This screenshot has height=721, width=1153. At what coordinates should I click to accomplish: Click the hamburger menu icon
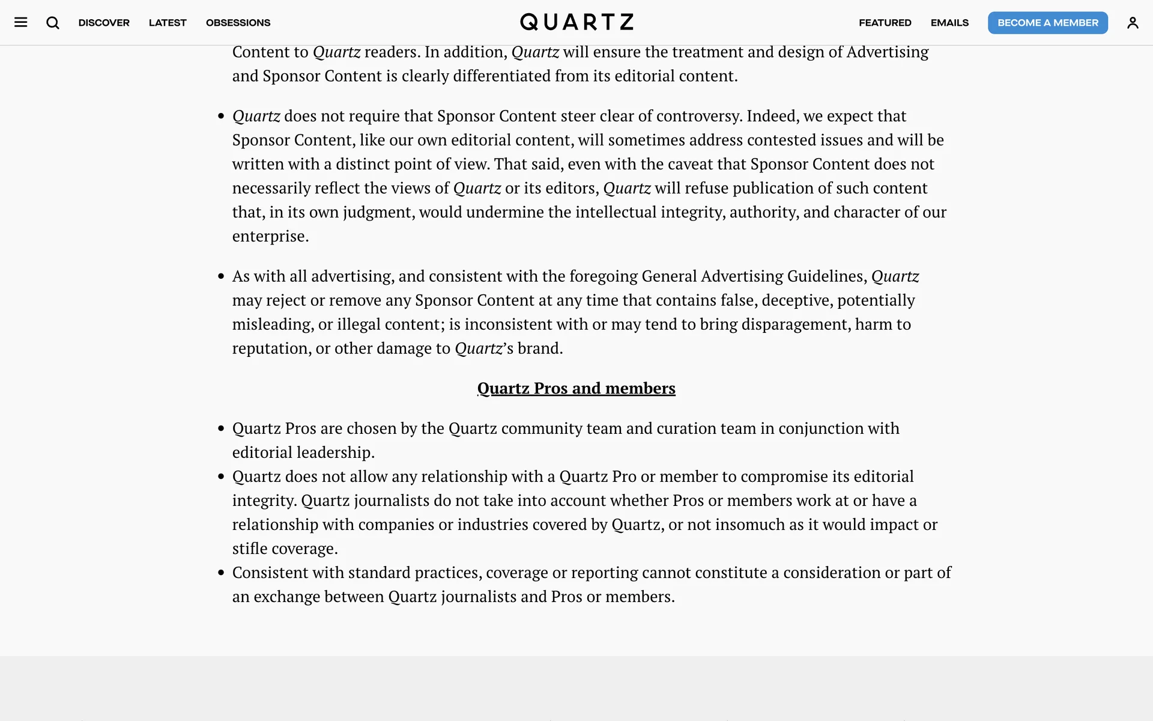coord(21,23)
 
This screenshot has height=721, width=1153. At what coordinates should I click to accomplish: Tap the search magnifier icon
coord(53,23)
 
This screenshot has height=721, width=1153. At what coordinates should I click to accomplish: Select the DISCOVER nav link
coord(104,23)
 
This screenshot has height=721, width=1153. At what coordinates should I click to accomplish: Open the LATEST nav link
coord(168,23)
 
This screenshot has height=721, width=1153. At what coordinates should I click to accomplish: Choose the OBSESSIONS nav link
coord(238,23)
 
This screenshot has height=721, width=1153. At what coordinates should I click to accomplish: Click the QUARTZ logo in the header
coord(576,22)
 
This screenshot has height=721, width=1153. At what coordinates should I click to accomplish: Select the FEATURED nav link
coord(885,23)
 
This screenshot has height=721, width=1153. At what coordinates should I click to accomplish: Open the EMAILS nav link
coord(949,23)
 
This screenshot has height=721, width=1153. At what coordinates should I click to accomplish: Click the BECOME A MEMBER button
coord(1047,23)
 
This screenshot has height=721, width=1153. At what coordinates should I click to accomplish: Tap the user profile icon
coord(1133,23)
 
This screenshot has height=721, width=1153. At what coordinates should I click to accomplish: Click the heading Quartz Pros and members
coord(576,388)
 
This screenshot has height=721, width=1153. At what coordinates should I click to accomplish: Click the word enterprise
coord(268,236)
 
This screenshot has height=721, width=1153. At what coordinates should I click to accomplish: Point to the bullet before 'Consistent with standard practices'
coord(221,573)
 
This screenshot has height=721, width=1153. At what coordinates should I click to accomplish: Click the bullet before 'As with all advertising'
coord(221,276)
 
